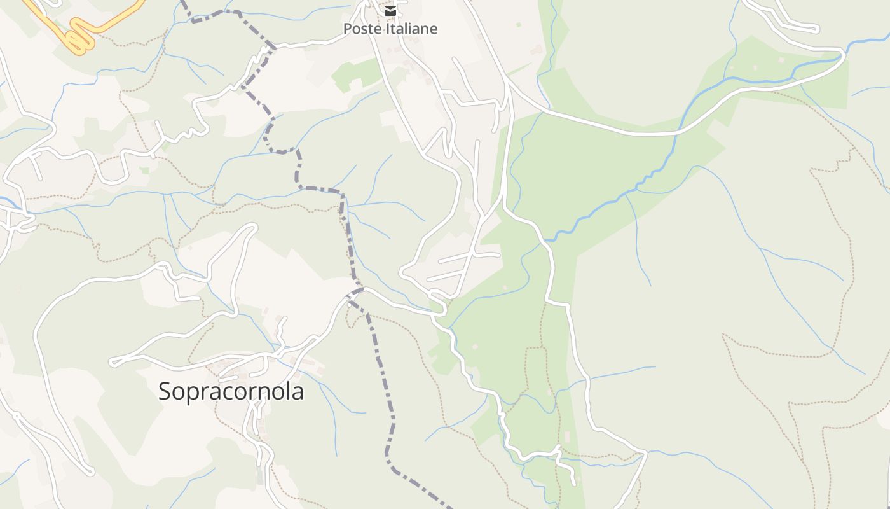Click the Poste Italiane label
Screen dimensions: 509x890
coord(390,29)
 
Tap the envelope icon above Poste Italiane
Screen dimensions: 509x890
coord(390,11)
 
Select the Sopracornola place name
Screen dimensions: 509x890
coord(231,391)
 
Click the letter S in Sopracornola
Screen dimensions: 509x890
coord(165,391)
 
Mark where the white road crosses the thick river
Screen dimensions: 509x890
coord(678,132)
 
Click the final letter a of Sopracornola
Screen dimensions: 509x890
coord(298,392)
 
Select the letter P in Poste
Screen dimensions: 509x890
coord(348,29)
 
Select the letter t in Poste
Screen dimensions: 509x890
coord(373,29)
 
